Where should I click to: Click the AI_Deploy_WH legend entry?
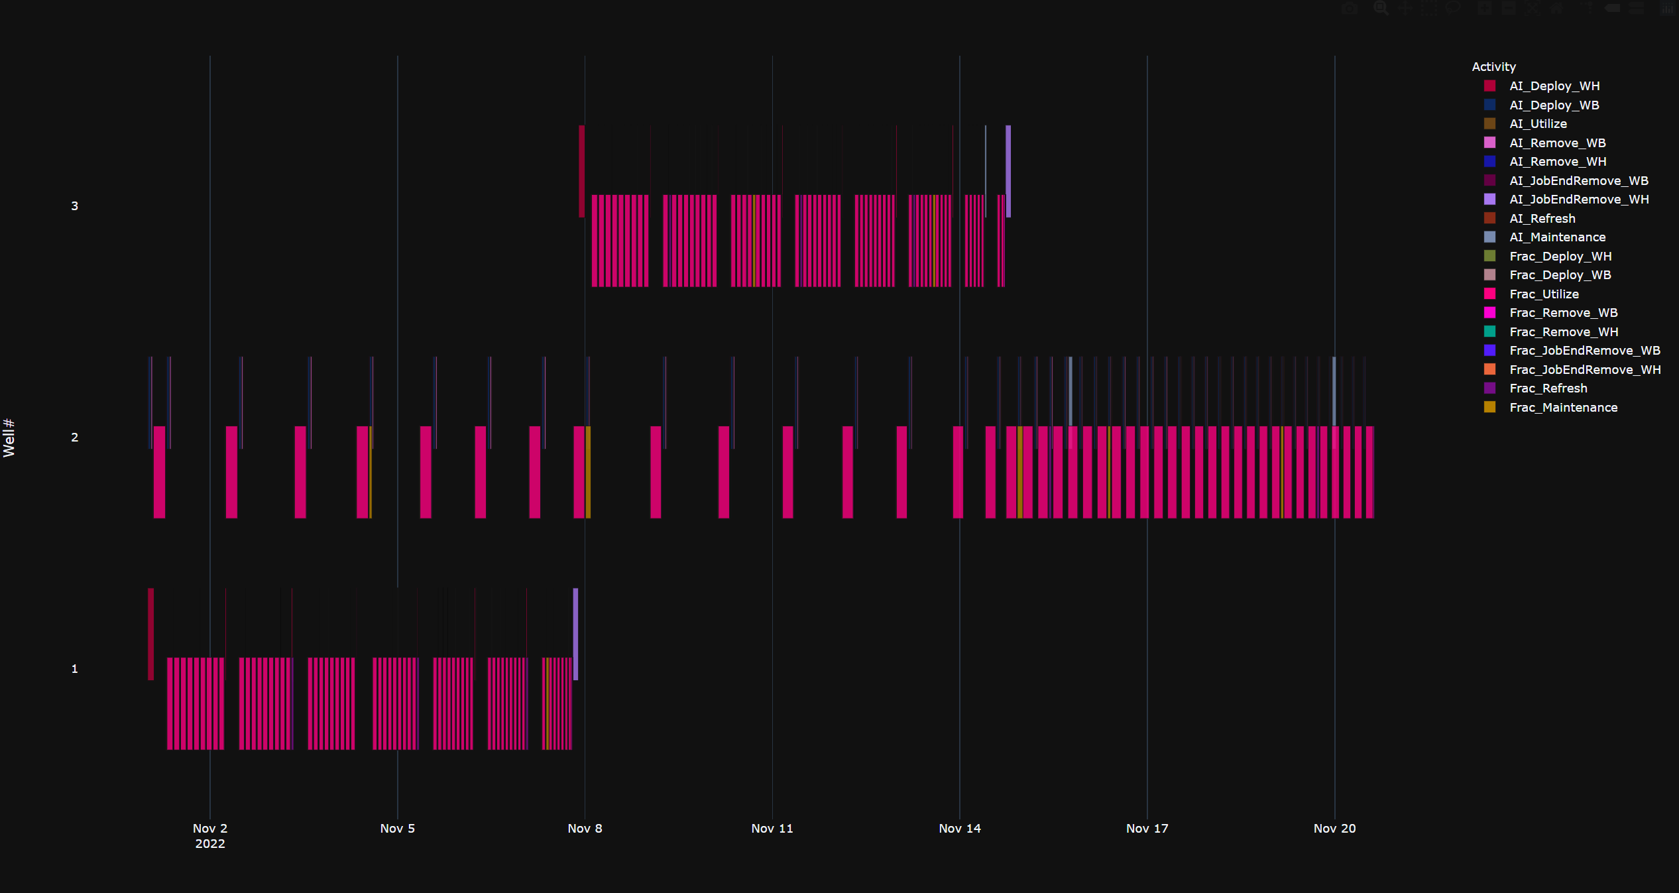tap(1554, 86)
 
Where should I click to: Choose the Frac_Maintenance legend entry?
tap(1563, 408)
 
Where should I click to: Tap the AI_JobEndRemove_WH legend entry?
tap(1578, 200)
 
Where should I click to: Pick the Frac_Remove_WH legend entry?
tap(1563, 332)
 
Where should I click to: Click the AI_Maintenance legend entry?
tap(1556, 237)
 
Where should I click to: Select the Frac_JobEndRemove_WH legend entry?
tap(1584, 370)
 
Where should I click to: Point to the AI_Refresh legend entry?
tap(1542, 219)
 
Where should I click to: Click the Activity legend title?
tap(1493, 67)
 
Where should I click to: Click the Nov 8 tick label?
tap(585, 829)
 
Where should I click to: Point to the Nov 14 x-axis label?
tap(959, 829)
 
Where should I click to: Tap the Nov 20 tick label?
tap(1334, 829)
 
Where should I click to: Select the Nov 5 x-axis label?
tap(397, 829)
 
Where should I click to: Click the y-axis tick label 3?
tap(75, 206)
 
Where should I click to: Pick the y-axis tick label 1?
tap(75, 669)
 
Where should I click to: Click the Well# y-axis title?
tap(9, 438)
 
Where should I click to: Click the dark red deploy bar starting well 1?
tap(150, 634)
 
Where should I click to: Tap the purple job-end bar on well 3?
tap(1008, 171)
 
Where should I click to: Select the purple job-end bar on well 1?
tap(575, 634)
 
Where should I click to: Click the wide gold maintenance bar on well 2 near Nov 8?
tap(588, 472)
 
